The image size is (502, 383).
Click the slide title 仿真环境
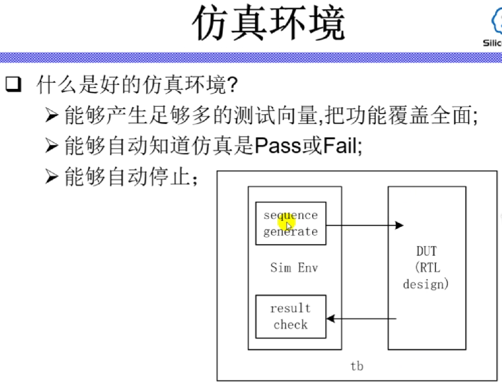[x=269, y=23]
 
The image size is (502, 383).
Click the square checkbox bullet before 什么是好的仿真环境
[x=13, y=84]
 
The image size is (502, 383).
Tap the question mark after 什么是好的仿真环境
[x=232, y=84]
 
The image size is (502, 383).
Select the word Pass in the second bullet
[x=277, y=145]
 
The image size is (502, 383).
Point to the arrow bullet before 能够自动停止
[x=52, y=176]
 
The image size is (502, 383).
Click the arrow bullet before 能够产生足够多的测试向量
[x=52, y=115]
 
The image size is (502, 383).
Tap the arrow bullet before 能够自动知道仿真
[x=52, y=146]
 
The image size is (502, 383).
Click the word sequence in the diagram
[x=291, y=215]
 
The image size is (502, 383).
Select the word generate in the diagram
[x=291, y=231]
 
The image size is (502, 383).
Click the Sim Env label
[x=294, y=267]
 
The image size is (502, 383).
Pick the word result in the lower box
[x=290, y=308]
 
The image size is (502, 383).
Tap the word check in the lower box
[x=291, y=324]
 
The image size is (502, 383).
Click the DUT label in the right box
[x=426, y=251]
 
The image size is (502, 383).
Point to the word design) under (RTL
[x=426, y=284]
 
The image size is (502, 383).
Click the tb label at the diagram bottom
[x=357, y=366]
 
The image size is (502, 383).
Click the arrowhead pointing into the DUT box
[x=399, y=225]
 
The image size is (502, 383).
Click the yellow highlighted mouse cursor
[x=288, y=224]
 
